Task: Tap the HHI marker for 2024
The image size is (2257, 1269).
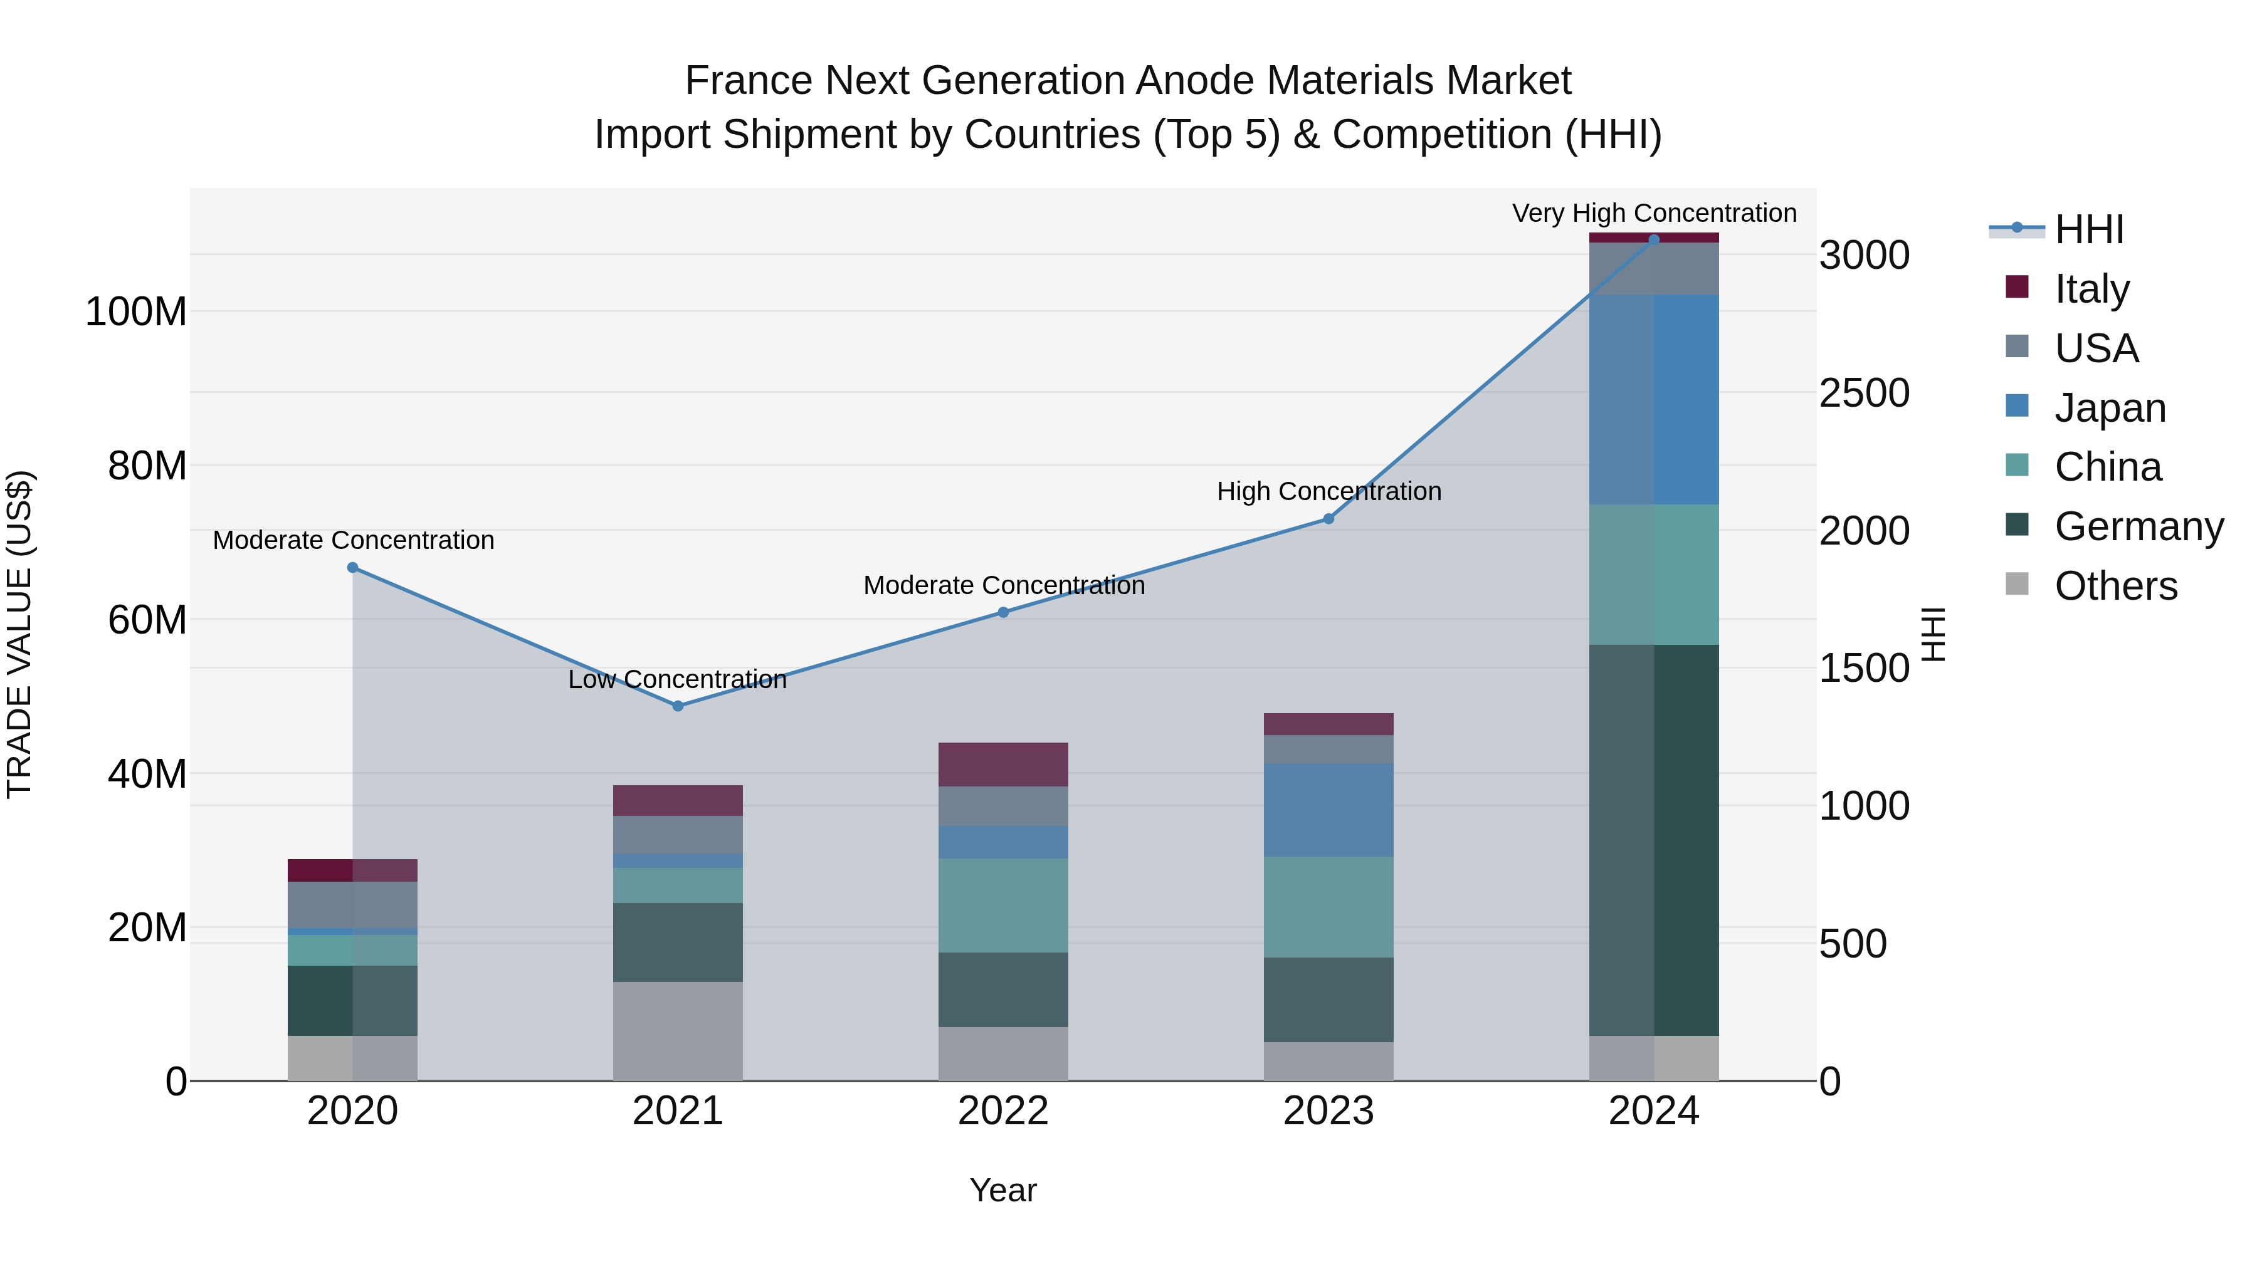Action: (1655, 239)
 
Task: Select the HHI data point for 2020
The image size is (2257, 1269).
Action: (352, 568)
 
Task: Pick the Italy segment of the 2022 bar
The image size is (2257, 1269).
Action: (1003, 764)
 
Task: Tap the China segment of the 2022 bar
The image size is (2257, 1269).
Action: (1003, 905)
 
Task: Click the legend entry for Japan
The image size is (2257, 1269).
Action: (2109, 408)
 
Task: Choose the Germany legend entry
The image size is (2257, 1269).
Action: (2138, 526)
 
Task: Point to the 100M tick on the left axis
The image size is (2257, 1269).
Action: (136, 312)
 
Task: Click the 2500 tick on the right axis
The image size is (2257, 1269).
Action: (1864, 393)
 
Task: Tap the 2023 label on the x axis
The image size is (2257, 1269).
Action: (1328, 1111)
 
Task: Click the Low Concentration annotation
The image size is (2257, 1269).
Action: (677, 679)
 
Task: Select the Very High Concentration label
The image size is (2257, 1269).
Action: (1655, 213)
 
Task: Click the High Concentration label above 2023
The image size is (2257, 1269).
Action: (1328, 491)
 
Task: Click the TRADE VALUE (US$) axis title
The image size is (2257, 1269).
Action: (19, 634)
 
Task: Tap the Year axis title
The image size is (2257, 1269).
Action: (1003, 1190)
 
